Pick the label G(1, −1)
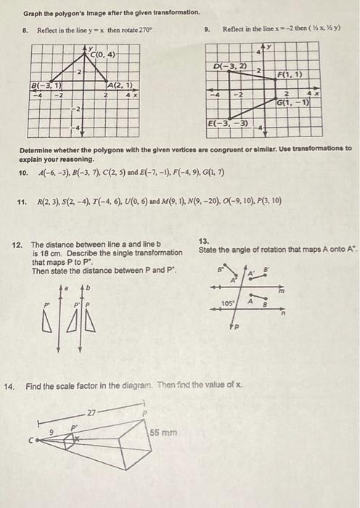tap(294, 102)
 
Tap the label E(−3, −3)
tap(228, 123)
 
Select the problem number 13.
tap(204, 240)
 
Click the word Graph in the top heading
tap(32, 13)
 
